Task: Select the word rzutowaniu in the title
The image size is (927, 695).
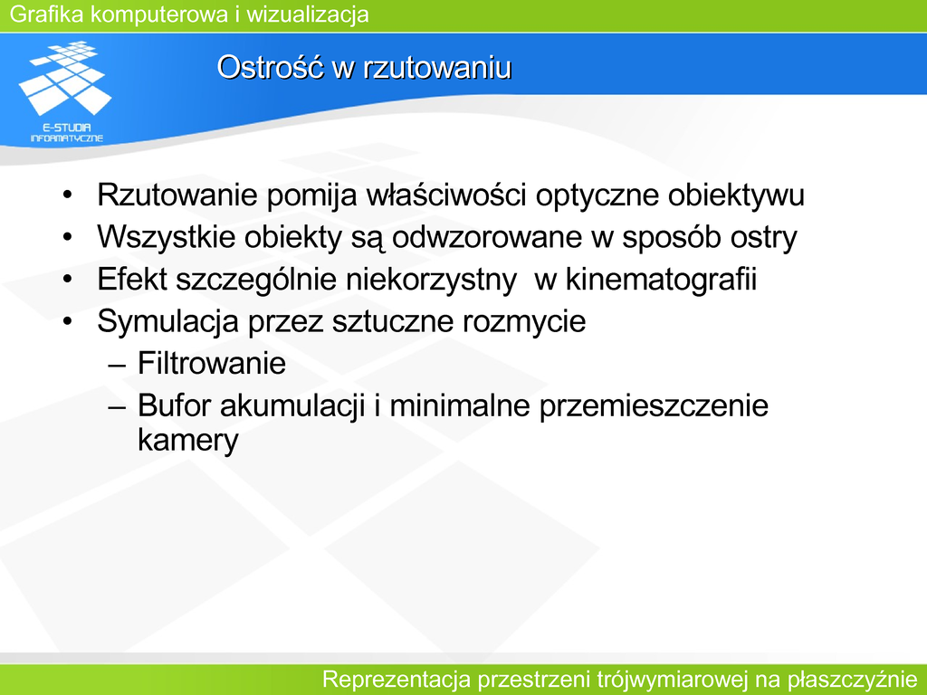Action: (437, 67)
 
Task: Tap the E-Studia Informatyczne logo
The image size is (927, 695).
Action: (65, 91)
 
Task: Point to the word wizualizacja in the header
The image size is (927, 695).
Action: (308, 14)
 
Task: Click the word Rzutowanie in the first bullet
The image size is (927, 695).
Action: (177, 195)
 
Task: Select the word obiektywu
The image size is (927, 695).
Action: (736, 195)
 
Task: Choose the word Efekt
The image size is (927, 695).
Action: (132, 279)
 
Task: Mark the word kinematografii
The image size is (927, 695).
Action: (661, 280)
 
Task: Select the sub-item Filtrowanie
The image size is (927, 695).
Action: (212, 363)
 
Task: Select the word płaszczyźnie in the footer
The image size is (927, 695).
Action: (852, 680)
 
